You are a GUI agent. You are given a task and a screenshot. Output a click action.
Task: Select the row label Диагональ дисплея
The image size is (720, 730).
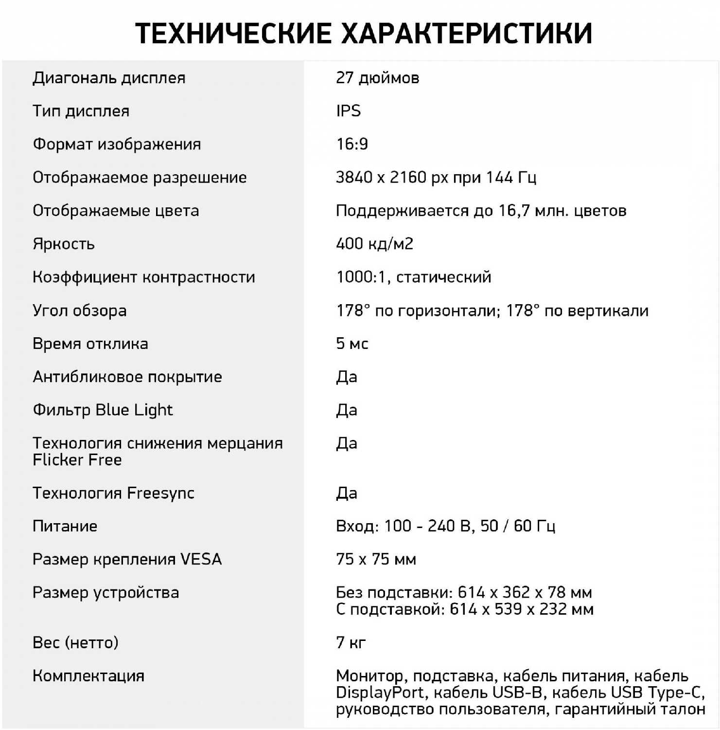109,78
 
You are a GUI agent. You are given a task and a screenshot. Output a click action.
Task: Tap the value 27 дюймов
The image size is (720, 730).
377,78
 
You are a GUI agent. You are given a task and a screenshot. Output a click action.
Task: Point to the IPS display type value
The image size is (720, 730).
348,111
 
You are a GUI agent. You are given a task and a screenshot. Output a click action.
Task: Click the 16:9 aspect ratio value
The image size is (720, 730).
352,144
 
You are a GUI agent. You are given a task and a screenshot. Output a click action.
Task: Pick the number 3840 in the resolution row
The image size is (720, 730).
354,177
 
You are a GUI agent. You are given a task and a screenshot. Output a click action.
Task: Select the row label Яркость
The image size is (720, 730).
64,244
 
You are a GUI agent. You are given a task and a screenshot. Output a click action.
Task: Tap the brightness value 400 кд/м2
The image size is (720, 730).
374,244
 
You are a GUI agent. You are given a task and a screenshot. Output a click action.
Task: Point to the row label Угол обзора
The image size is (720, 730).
79,310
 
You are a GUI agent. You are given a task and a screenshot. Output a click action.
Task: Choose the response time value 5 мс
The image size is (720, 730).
352,344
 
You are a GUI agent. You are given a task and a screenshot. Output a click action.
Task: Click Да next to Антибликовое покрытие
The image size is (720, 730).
347,377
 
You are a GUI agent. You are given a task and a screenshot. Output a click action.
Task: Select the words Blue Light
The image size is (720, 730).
134,410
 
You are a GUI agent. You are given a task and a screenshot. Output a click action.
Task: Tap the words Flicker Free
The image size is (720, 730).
77,460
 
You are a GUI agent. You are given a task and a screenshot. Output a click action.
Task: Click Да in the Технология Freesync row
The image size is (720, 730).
347,493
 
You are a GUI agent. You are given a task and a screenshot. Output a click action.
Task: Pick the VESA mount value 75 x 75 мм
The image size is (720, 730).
376,559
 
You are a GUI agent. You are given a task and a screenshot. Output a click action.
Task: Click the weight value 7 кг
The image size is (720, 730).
351,642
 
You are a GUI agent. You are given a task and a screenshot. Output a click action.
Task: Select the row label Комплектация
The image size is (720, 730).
88,676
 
